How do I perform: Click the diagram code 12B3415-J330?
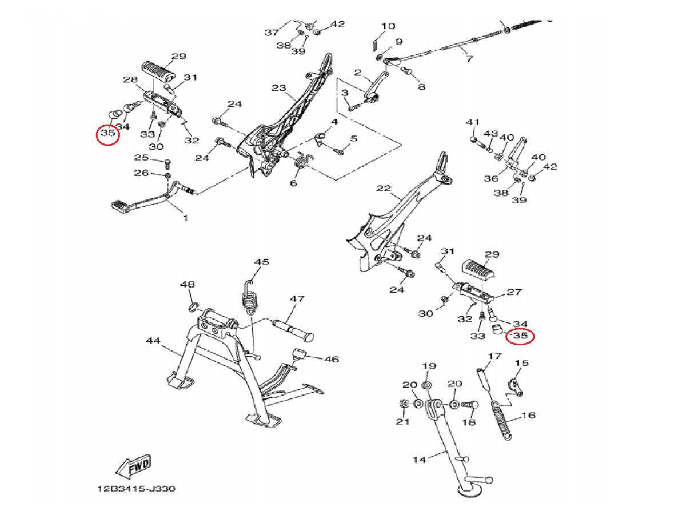click(135, 489)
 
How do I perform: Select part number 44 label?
click(153, 341)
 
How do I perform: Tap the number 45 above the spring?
click(261, 262)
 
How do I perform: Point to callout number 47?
click(297, 298)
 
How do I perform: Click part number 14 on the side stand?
click(419, 459)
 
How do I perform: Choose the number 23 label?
click(278, 88)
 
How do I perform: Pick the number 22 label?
click(384, 189)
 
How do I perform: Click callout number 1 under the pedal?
click(185, 218)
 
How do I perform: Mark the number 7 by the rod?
click(469, 58)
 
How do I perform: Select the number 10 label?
click(388, 26)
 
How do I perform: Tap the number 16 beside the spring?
click(528, 415)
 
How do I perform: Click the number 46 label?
click(332, 359)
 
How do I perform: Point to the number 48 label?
click(187, 284)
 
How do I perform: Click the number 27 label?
click(514, 292)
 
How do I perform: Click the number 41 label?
click(472, 122)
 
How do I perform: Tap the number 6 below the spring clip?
click(293, 183)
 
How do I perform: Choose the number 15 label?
click(521, 363)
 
